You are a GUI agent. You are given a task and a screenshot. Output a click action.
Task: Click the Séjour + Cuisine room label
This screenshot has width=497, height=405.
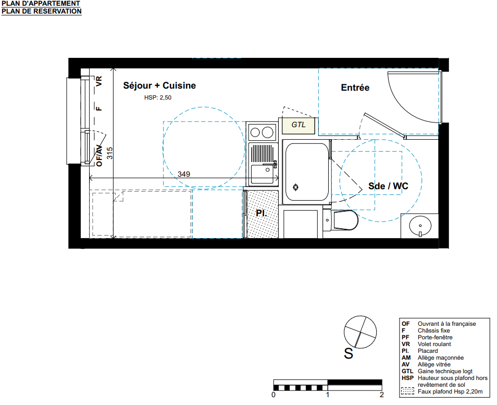159,85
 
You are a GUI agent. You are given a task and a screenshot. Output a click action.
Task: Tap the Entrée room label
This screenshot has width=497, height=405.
355,88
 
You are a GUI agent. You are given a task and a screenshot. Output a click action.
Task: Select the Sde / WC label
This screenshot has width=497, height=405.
388,186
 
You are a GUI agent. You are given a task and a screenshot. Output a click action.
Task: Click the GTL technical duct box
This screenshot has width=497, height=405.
299,125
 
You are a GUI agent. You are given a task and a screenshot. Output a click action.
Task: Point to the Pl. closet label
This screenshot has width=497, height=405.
262,213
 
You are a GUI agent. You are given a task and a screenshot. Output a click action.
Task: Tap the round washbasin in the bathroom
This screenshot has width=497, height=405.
420,226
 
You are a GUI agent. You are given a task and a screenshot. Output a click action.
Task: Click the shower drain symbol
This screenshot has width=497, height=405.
296,188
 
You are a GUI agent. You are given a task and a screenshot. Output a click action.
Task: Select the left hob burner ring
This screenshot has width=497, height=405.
255,132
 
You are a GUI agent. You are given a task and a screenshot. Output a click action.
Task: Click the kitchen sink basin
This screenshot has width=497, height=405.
263,174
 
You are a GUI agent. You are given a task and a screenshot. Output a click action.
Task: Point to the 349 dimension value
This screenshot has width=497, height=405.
184,174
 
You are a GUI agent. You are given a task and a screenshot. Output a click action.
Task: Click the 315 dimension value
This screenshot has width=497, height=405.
110,153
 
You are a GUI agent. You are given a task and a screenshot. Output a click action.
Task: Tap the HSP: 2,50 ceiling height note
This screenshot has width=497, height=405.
158,97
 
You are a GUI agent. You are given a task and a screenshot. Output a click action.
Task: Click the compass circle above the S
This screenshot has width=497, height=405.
361,332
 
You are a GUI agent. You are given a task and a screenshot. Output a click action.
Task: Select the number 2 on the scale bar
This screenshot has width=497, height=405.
382,395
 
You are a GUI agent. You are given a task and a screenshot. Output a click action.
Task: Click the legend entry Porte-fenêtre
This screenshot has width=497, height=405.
435,337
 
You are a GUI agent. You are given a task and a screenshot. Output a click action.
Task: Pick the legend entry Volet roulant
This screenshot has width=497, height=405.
434,344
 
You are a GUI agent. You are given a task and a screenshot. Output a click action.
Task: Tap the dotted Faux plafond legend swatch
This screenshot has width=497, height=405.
407,391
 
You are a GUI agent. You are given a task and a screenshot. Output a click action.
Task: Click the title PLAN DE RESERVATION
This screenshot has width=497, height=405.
42,11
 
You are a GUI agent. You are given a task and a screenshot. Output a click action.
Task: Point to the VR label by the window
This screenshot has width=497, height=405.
99,81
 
